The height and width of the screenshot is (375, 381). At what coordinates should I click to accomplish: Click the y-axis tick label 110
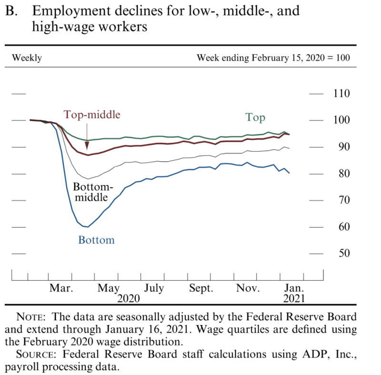click(x=341, y=94)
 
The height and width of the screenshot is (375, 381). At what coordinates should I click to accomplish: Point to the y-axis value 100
click(x=341, y=120)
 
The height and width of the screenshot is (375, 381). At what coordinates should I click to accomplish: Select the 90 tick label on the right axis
click(x=341, y=147)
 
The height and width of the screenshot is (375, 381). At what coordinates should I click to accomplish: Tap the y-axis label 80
click(x=341, y=174)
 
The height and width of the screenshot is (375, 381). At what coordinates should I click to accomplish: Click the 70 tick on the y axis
click(x=341, y=200)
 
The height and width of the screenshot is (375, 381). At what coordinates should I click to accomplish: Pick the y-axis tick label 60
click(x=341, y=227)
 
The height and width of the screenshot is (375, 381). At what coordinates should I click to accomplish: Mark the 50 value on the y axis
click(x=341, y=254)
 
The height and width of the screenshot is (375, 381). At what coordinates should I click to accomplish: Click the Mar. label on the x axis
click(x=61, y=288)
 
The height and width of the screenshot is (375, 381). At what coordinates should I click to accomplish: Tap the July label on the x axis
click(x=154, y=288)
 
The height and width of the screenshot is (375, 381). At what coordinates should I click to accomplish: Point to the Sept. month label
click(x=201, y=288)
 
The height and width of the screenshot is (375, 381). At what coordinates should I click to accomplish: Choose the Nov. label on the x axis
click(x=248, y=288)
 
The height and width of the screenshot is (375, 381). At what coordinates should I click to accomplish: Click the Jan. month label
click(x=294, y=288)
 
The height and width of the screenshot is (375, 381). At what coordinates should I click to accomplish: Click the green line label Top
click(x=255, y=117)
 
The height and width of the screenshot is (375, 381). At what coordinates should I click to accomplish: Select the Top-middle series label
click(x=92, y=115)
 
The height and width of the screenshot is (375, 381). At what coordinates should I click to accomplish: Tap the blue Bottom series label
click(x=96, y=240)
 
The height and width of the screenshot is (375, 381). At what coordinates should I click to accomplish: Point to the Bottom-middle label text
click(x=92, y=192)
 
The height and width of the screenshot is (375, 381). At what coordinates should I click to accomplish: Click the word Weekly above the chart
click(x=27, y=58)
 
